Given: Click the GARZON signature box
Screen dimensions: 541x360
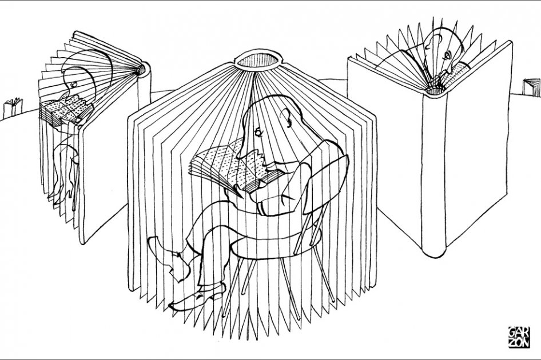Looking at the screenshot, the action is (x=519, y=337).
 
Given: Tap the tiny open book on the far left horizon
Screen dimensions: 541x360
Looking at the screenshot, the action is (x=13, y=107).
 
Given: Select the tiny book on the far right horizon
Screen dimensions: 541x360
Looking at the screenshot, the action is (x=532, y=88).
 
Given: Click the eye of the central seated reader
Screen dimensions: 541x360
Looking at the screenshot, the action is (x=258, y=132).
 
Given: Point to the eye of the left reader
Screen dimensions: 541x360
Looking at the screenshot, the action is (x=73, y=83).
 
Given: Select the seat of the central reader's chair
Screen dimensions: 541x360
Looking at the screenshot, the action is (x=276, y=241).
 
